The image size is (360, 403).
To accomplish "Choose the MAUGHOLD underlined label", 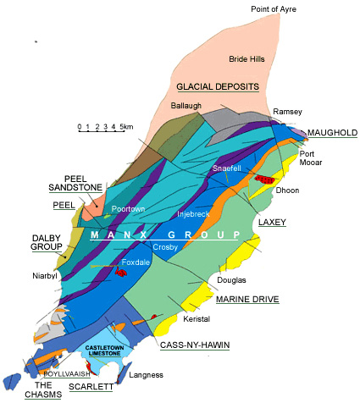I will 332,133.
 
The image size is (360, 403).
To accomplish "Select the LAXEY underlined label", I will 271,222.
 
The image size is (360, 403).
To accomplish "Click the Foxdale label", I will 136,262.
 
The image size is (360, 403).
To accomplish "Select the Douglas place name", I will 231,279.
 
